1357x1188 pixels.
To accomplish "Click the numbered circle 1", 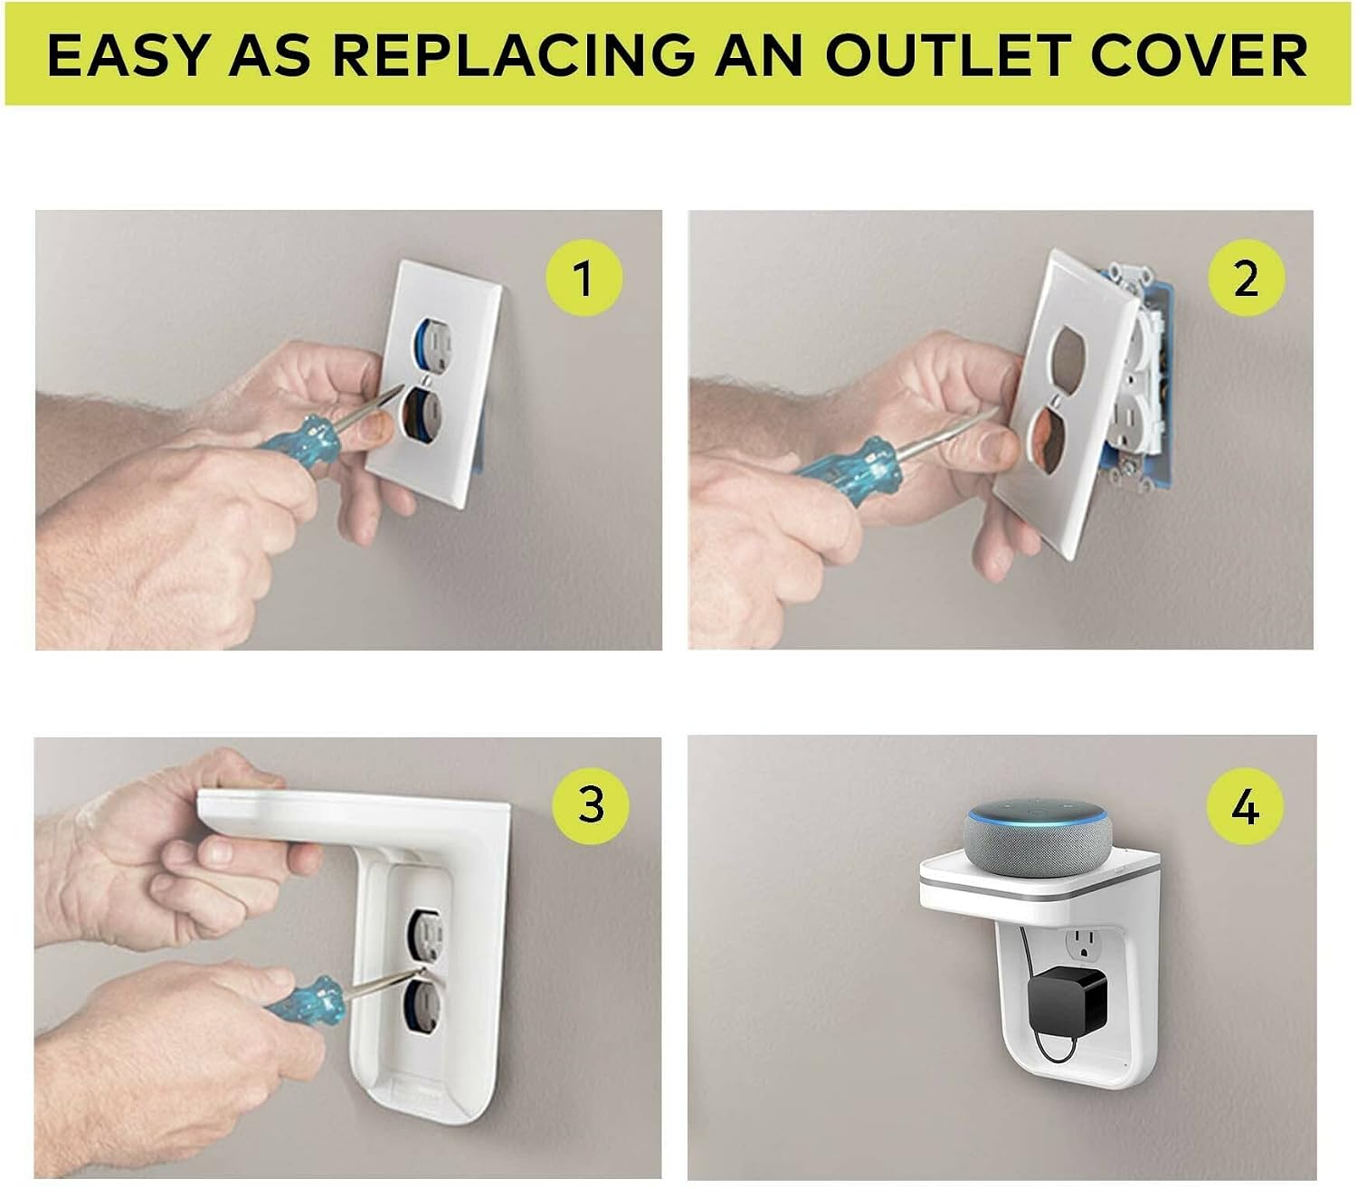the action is [x=584, y=277].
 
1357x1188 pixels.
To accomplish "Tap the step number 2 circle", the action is [x=1247, y=277].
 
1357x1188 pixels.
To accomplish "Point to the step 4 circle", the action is [x=1245, y=806].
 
